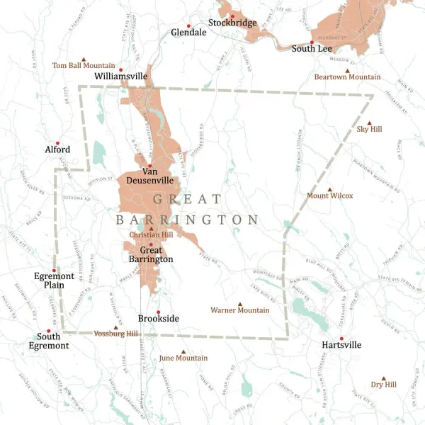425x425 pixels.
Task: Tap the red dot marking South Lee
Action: point(312,42)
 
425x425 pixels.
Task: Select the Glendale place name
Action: point(188,32)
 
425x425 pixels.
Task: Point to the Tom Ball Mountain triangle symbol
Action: point(84,58)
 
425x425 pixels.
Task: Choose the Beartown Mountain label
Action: point(347,76)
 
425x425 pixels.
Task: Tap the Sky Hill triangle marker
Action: point(370,122)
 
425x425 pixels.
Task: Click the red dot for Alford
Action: point(58,142)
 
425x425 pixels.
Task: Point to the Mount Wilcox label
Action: point(329,195)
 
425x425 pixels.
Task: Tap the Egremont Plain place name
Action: point(53,281)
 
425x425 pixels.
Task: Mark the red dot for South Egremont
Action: point(48,331)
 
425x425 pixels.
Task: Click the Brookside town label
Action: point(158,319)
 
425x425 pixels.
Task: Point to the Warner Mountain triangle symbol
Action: point(240,304)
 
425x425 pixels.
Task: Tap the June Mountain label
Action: point(183,358)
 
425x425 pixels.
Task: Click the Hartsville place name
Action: point(341,345)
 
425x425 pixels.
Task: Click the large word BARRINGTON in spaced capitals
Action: point(188,220)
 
